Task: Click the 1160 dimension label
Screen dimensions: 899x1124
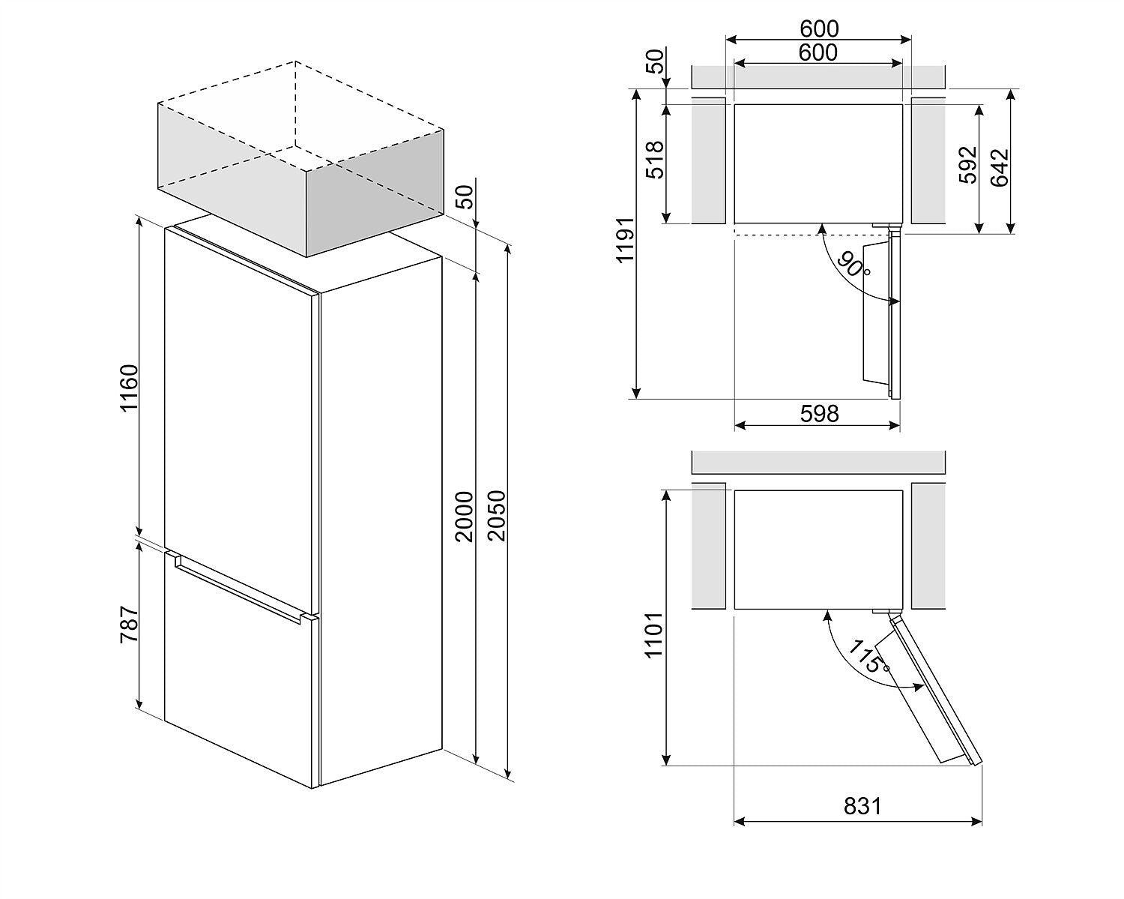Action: [x=129, y=388]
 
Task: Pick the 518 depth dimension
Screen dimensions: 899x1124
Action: [x=654, y=159]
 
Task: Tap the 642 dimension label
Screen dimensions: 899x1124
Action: [x=1000, y=166]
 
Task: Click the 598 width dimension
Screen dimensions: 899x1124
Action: [x=819, y=413]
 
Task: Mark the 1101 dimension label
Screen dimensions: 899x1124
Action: [x=654, y=635]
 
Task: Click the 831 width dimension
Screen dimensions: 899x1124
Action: [x=862, y=806]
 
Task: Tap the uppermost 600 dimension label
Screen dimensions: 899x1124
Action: [x=819, y=28]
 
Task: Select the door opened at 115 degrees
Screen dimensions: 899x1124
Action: [x=934, y=691]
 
